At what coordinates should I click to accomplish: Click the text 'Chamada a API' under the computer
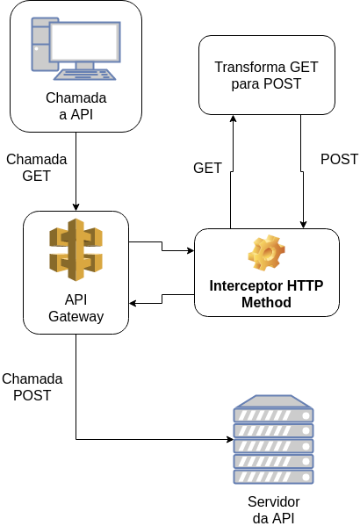click(x=76, y=105)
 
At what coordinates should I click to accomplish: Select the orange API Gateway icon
click(x=76, y=249)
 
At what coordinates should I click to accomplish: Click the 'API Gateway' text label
click(x=76, y=307)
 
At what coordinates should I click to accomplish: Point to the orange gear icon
click(x=265, y=253)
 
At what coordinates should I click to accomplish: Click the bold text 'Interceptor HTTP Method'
click(x=265, y=294)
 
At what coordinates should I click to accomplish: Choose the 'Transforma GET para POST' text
click(x=266, y=76)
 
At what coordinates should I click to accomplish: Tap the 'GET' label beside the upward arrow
click(x=207, y=168)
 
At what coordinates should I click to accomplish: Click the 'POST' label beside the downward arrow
click(x=339, y=159)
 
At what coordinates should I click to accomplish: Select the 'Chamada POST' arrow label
click(x=32, y=386)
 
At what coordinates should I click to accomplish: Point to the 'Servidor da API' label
click(x=273, y=509)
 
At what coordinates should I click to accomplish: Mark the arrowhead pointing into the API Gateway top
click(x=76, y=206)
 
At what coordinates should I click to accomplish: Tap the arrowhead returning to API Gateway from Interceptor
click(x=134, y=304)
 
